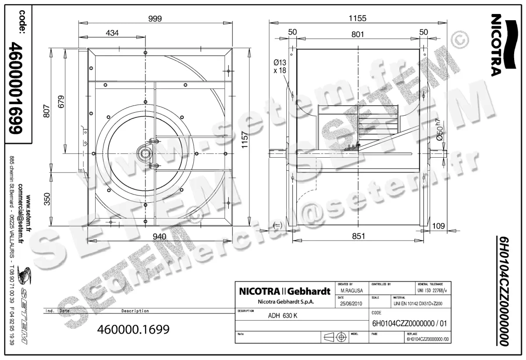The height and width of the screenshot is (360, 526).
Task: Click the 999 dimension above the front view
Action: click(x=155, y=18)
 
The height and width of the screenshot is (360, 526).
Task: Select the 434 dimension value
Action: click(x=112, y=33)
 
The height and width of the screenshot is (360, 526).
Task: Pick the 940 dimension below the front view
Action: click(x=159, y=236)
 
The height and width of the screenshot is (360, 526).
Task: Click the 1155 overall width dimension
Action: click(x=357, y=18)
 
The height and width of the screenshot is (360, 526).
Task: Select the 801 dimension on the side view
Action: click(x=358, y=34)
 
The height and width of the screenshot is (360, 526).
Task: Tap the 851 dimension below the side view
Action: click(x=358, y=236)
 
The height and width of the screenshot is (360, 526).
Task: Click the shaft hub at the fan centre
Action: click(x=144, y=153)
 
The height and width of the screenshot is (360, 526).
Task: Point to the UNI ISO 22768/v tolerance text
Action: click(x=434, y=290)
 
